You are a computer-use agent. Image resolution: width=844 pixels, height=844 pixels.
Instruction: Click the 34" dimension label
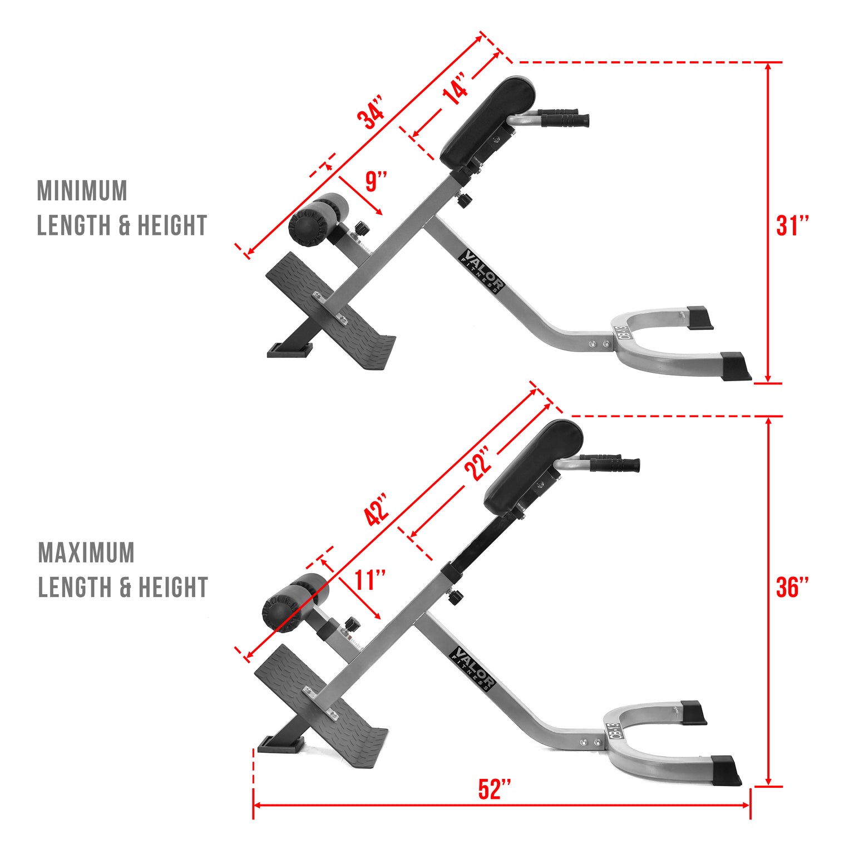pyautogui.click(x=371, y=113)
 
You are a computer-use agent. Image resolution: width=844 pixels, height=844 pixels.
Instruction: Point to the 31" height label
pyautogui.click(x=792, y=225)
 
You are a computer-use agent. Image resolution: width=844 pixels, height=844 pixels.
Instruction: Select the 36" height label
pyautogui.click(x=792, y=588)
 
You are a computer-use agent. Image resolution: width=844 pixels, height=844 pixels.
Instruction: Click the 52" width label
pyautogui.click(x=495, y=789)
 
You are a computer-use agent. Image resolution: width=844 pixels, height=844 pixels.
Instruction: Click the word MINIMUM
pyautogui.click(x=82, y=191)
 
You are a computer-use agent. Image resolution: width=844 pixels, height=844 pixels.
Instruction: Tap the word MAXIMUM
pyautogui.click(x=86, y=552)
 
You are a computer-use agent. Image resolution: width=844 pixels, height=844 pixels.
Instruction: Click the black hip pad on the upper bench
pyautogui.click(x=487, y=121)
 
